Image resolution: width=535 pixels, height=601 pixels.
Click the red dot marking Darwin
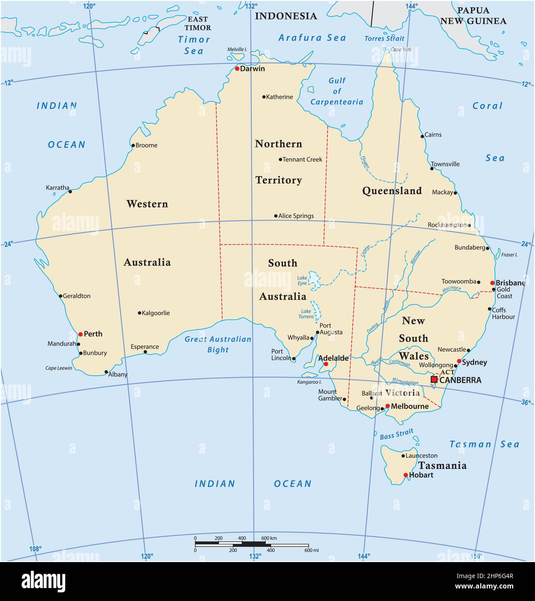point(237,69)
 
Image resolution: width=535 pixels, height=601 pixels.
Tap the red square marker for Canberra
point(434,380)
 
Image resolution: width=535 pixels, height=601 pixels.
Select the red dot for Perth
point(80,334)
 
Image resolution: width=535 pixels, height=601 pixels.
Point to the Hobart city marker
point(405,475)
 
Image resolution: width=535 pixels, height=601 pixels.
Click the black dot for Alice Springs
point(276,216)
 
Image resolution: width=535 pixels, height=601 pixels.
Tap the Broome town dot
point(133,145)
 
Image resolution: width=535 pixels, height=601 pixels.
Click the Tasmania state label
point(442,466)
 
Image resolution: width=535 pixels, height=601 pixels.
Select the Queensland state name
point(392,191)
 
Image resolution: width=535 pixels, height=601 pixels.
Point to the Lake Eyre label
point(302,281)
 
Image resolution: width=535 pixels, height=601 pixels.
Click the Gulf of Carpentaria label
point(337,91)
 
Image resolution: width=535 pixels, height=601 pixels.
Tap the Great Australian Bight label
point(218,345)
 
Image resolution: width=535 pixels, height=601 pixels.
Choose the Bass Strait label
point(396,434)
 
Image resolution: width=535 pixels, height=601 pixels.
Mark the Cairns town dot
point(423,136)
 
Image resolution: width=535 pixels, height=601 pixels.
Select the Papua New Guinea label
point(473,16)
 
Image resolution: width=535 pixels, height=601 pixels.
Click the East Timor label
point(197,23)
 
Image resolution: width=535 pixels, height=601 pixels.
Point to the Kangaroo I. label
point(309,382)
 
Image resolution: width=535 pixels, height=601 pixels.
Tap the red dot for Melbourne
point(388,406)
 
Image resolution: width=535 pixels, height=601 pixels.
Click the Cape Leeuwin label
point(59,368)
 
